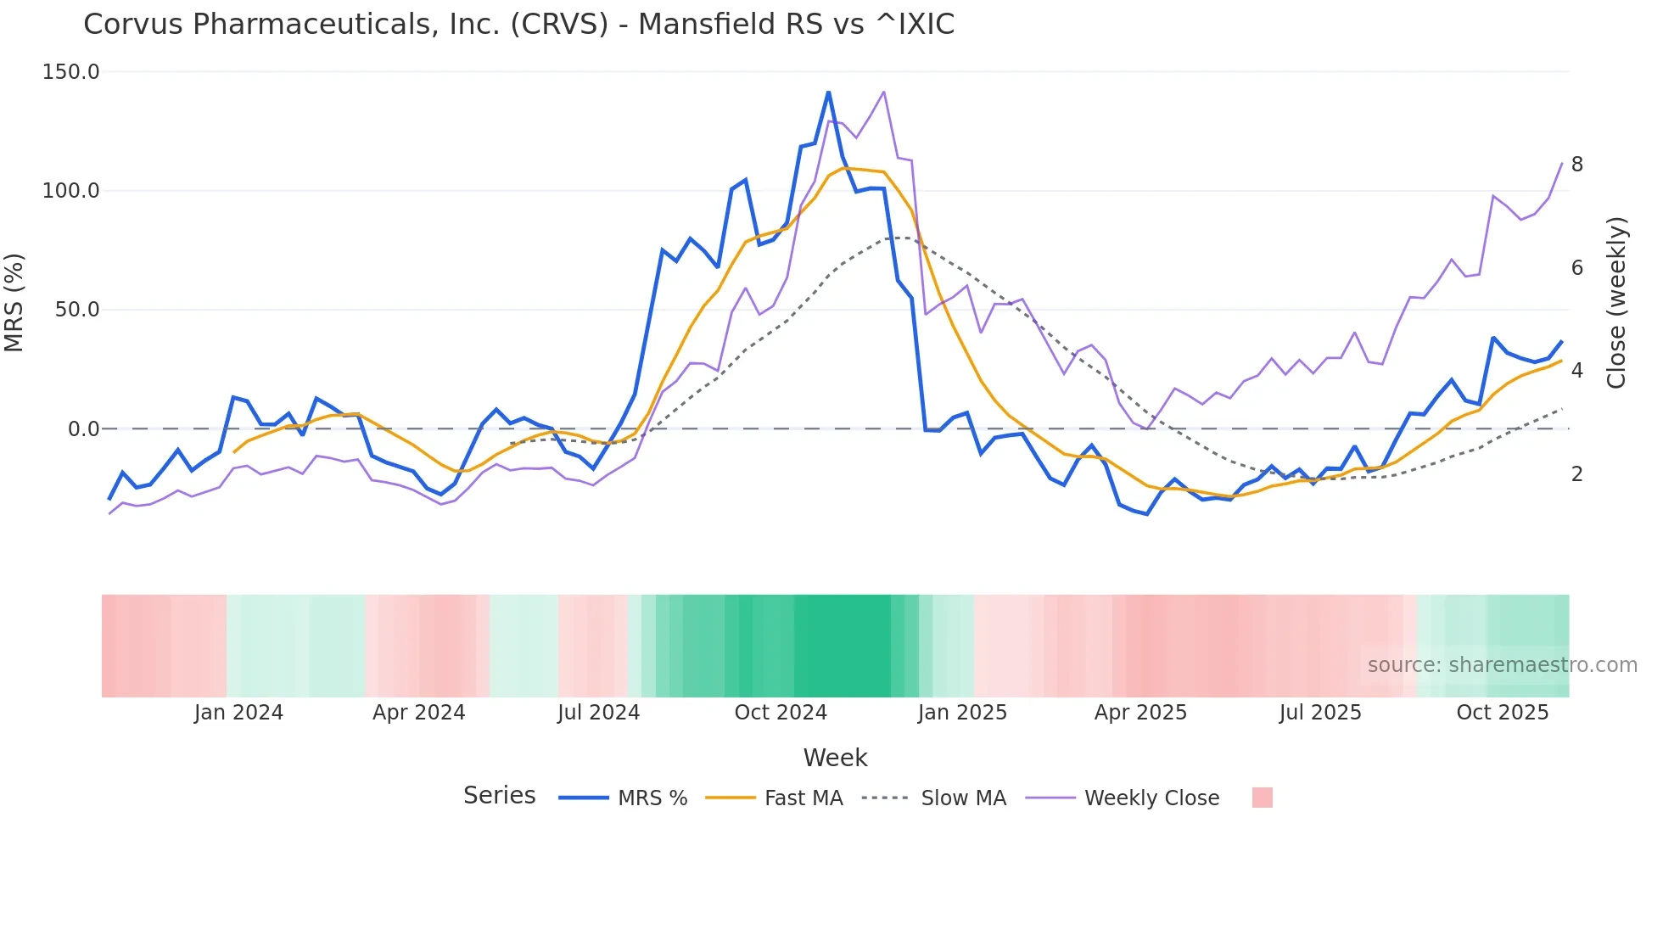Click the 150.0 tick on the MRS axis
pos(70,72)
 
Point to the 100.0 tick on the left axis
pos(70,191)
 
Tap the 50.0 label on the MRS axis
pos(76,310)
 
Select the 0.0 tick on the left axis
pos(83,429)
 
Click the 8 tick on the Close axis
pos(1576,165)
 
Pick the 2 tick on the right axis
pos(1576,474)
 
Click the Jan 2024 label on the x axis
pos(238,713)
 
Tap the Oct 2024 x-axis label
pos(781,713)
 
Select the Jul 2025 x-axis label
pos(1320,713)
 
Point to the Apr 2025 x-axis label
pos(1140,713)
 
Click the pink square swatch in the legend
pos(1262,798)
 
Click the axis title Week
pos(835,758)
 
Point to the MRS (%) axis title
pos(14,303)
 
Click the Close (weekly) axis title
pos(1616,303)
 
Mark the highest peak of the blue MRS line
pos(828,92)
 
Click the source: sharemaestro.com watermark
pos(1502,665)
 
